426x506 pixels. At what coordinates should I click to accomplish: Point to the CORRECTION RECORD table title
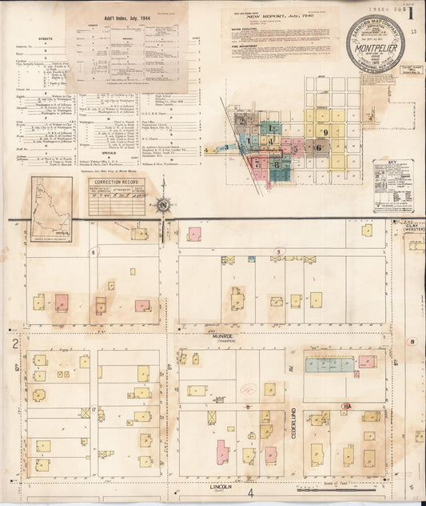(x=117, y=183)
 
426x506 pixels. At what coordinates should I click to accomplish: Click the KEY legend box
(x=392, y=185)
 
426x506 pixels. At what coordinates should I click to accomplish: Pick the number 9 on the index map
(x=326, y=132)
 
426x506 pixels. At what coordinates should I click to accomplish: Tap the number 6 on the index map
(x=318, y=147)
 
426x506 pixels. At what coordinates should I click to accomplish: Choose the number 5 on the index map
(x=295, y=148)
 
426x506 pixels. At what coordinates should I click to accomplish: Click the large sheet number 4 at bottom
(x=250, y=493)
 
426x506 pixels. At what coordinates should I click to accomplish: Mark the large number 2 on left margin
(x=15, y=343)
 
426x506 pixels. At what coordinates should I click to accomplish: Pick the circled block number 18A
(x=346, y=407)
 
